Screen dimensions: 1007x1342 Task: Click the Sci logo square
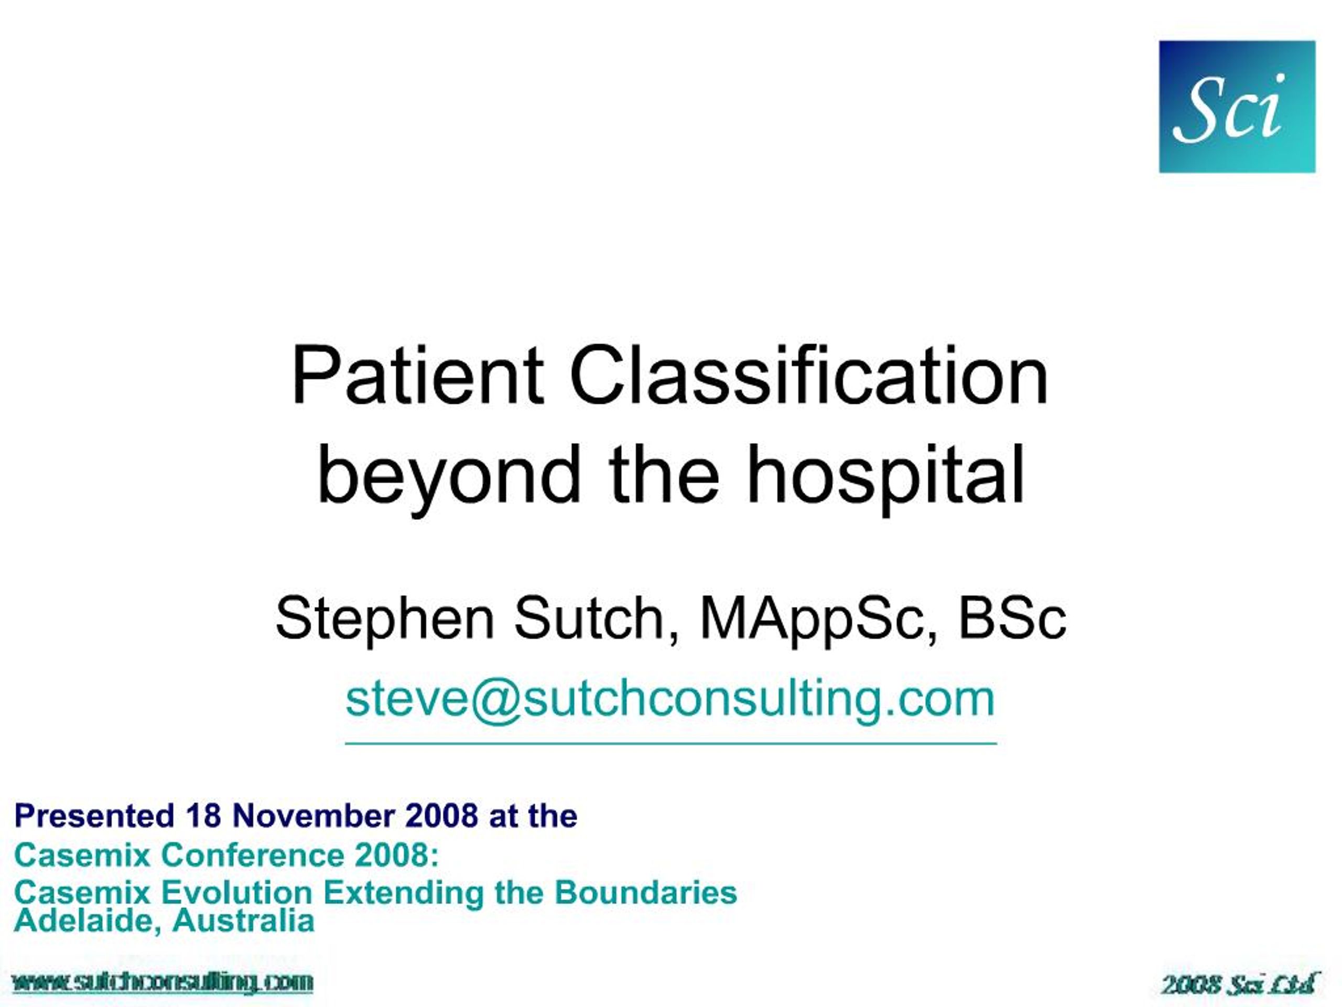[1237, 107]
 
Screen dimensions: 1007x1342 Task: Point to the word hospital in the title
[886, 475]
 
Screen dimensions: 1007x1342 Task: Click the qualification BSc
[1011, 618]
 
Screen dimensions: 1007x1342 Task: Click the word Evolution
[236, 892]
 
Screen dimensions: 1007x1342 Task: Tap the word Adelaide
[88, 921]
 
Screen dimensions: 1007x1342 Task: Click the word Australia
[243, 921]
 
